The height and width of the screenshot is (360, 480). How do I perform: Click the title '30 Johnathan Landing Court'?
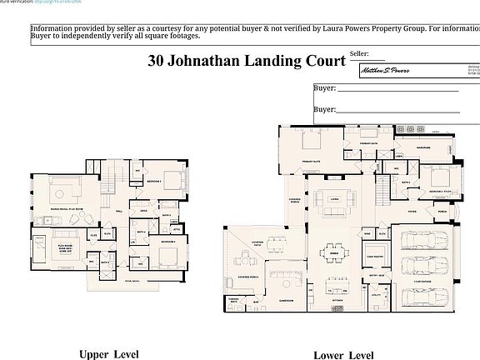[246, 60]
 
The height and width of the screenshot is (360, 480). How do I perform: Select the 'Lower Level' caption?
[343, 355]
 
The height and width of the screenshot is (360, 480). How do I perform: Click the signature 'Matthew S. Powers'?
[391, 71]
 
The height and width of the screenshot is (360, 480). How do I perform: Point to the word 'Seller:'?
[359, 52]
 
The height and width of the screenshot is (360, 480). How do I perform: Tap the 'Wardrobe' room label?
[422, 150]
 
